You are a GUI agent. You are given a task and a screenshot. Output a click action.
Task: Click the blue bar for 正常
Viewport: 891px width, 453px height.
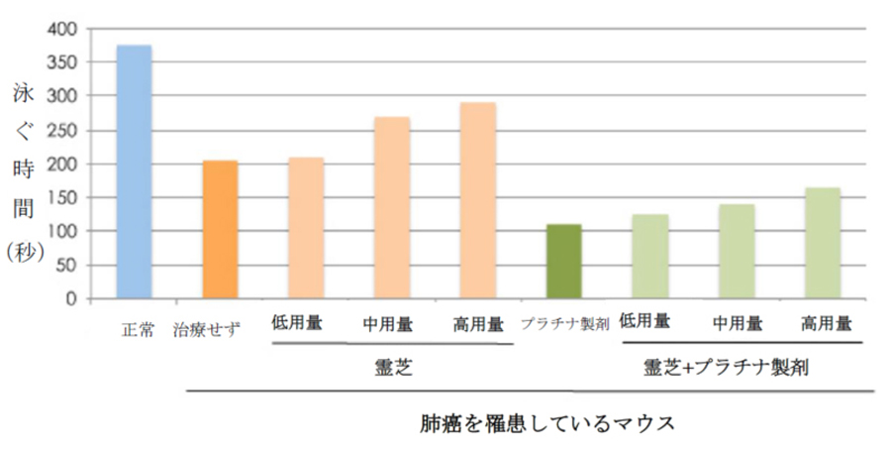(x=134, y=171)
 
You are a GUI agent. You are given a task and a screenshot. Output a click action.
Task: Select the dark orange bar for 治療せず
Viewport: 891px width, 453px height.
(x=220, y=229)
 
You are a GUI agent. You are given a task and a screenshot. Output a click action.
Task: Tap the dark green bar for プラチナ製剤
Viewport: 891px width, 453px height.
(x=563, y=262)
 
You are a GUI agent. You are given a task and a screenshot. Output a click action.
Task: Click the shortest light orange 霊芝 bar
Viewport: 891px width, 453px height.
(x=306, y=228)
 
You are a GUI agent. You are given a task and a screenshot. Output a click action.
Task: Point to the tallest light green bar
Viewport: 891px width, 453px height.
(x=822, y=243)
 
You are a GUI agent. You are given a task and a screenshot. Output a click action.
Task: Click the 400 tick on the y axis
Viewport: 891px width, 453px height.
(x=61, y=30)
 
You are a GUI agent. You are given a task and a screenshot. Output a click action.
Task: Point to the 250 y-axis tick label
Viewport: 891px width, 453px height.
(x=61, y=131)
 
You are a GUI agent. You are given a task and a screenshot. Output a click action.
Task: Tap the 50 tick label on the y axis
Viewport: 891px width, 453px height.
(x=65, y=266)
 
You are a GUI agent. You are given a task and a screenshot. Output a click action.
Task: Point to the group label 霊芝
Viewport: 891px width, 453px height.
(x=393, y=368)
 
